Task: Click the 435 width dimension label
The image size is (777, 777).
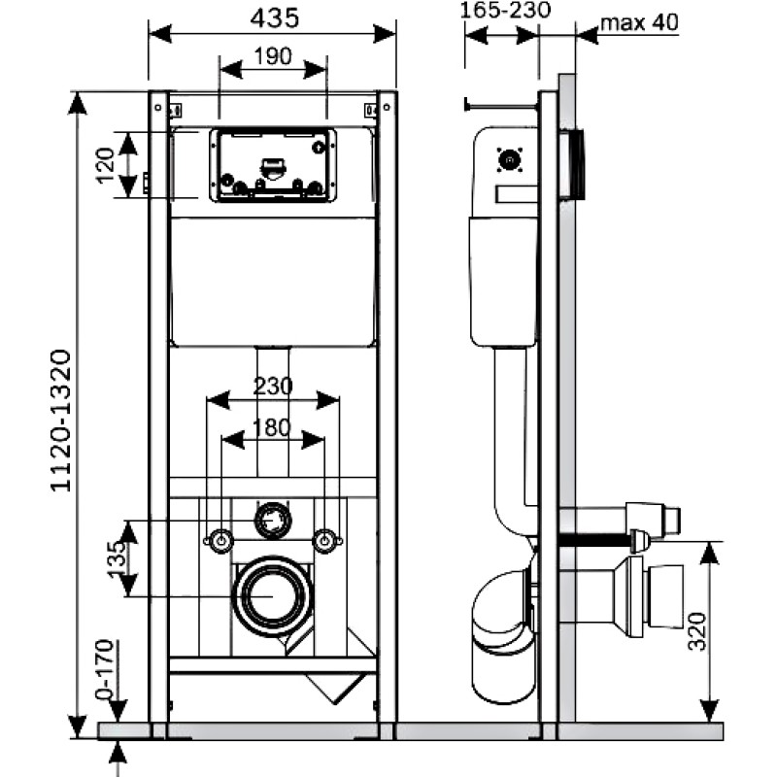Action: pyautogui.click(x=275, y=18)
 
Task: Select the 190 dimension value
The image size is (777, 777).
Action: pyautogui.click(x=273, y=56)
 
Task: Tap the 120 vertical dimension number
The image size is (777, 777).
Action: pyautogui.click(x=106, y=165)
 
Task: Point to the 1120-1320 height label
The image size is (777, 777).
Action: pyautogui.click(x=61, y=421)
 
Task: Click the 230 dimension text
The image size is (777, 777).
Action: pyautogui.click(x=273, y=387)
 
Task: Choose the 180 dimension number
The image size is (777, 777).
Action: pyautogui.click(x=272, y=427)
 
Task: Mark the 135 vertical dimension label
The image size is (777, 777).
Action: pyautogui.click(x=117, y=558)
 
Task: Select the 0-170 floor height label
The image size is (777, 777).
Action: pyautogui.click(x=105, y=668)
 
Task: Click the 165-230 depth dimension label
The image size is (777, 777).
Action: pyautogui.click(x=505, y=10)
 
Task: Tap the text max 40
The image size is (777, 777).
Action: pyautogui.click(x=639, y=22)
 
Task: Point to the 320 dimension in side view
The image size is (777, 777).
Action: pyautogui.click(x=696, y=631)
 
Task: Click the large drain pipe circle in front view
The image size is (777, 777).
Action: pyautogui.click(x=274, y=596)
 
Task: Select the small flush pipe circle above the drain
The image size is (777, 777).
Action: pyautogui.click(x=273, y=521)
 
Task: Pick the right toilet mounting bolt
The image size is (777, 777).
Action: pyautogui.click(x=325, y=541)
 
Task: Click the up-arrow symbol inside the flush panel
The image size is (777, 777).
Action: pyautogui.click(x=319, y=148)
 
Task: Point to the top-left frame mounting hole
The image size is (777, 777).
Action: pyautogui.click(x=158, y=107)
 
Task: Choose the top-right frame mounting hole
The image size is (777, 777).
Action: pyautogui.click(x=387, y=107)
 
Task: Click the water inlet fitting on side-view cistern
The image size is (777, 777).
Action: pyautogui.click(x=509, y=160)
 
